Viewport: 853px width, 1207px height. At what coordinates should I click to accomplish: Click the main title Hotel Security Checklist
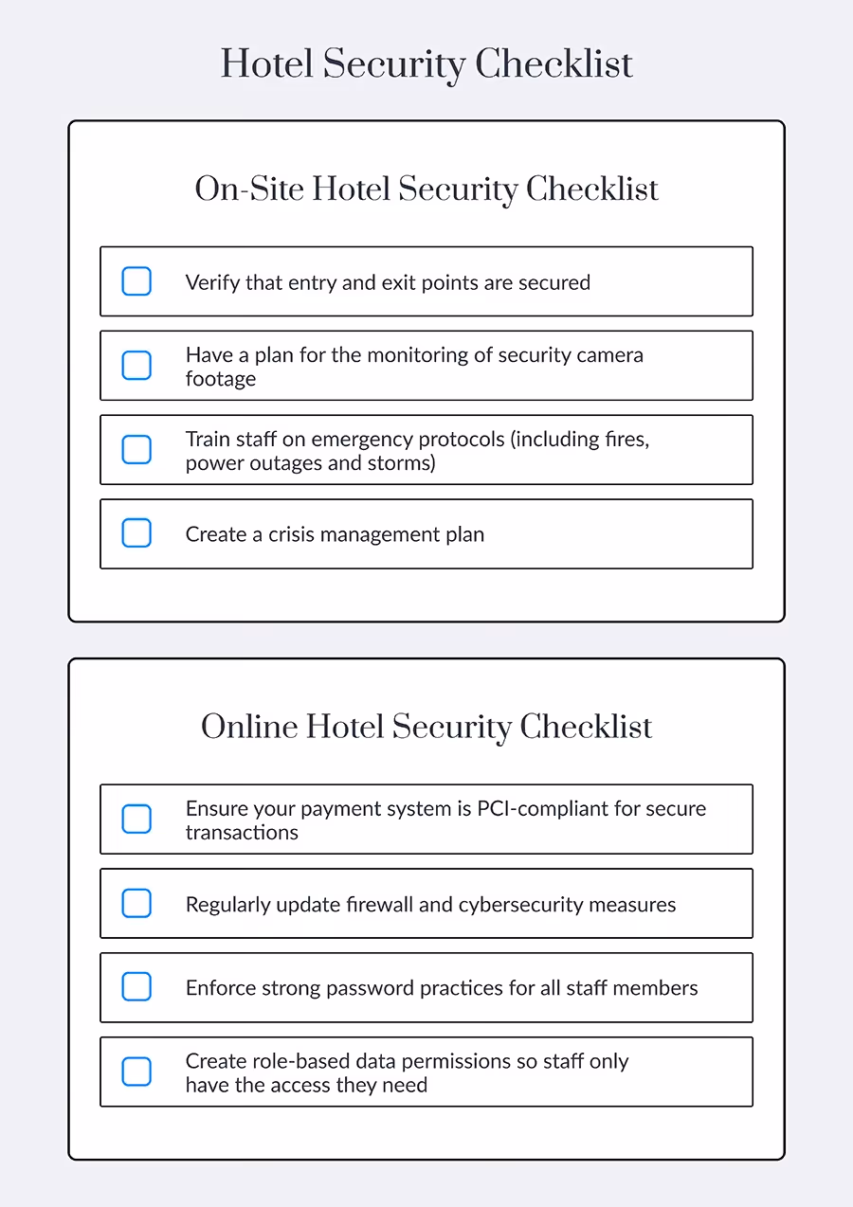(x=426, y=64)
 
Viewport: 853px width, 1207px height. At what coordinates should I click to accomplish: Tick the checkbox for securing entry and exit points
(x=136, y=281)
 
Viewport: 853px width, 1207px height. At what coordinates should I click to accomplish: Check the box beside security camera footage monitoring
(x=136, y=366)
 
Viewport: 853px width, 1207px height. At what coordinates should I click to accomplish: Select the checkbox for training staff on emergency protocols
(x=136, y=450)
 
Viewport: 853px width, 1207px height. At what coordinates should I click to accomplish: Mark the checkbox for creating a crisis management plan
(x=136, y=533)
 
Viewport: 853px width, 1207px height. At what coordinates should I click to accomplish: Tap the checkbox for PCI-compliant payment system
(x=136, y=820)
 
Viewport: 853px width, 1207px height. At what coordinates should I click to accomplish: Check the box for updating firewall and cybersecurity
(x=136, y=904)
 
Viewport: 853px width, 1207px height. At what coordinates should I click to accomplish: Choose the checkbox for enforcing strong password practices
(x=136, y=987)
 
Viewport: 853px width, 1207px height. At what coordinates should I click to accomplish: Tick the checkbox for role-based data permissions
(x=136, y=1072)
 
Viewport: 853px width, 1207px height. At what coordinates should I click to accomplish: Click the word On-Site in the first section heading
(x=248, y=189)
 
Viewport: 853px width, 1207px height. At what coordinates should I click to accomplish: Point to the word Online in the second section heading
(x=248, y=727)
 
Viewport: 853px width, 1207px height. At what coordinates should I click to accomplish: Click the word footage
(x=221, y=379)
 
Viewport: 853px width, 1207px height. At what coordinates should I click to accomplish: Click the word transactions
(x=242, y=833)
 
